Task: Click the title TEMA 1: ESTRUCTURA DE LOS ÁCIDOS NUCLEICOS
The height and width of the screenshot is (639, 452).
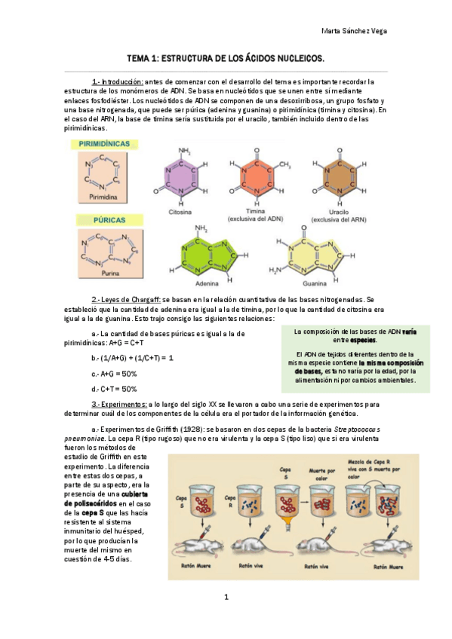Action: (x=226, y=58)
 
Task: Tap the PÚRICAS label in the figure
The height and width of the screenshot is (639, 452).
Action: (x=97, y=219)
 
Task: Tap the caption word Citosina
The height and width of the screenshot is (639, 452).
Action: (x=180, y=212)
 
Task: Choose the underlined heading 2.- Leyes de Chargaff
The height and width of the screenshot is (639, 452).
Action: (x=126, y=299)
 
